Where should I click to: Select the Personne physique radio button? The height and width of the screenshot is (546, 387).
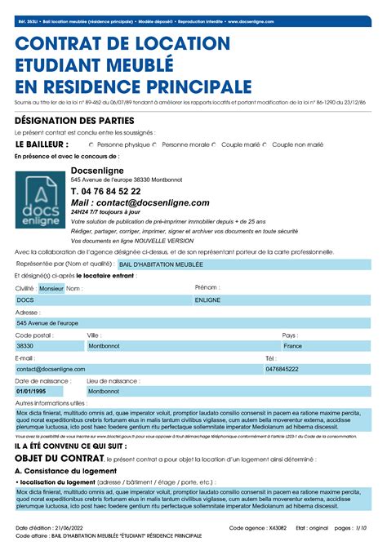pos(91,144)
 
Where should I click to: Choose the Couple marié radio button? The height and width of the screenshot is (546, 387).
pos(215,144)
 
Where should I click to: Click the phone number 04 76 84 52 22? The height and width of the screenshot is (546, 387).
pos(105,190)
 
